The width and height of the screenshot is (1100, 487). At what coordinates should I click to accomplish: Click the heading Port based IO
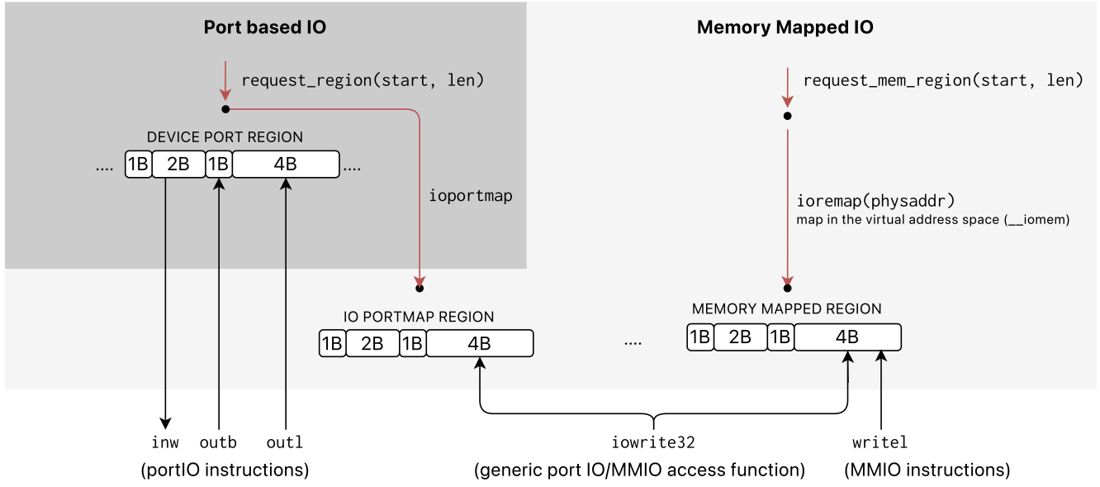tap(264, 27)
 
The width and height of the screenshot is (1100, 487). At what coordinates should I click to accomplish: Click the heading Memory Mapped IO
tap(785, 27)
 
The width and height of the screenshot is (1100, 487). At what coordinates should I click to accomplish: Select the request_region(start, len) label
tap(363, 81)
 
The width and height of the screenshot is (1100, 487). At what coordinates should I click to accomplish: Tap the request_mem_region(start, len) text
tap(942, 81)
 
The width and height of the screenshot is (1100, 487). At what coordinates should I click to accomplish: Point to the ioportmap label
tap(471, 196)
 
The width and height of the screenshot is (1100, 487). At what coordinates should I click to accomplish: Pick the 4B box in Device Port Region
tap(285, 164)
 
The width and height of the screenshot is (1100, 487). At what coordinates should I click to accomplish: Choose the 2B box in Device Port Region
tap(178, 164)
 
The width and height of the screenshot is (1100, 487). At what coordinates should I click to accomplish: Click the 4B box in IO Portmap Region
tap(479, 343)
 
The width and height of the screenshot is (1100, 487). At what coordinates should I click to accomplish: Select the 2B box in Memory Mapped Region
tap(740, 337)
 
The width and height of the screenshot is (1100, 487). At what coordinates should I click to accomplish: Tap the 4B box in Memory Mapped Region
tap(846, 337)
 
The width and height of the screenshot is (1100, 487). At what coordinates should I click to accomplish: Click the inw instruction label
tap(165, 443)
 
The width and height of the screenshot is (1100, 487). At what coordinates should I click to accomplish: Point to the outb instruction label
tap(219, 443)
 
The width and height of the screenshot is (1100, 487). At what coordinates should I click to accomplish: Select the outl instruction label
tap(285, 443)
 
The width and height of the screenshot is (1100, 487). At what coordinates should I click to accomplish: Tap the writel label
tap(880, 443)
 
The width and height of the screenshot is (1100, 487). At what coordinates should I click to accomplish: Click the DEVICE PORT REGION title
tap(225, 137)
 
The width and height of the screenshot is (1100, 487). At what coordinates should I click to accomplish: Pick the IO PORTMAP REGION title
tap(419, 317)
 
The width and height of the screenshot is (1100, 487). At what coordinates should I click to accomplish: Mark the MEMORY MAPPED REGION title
tap(786, 309)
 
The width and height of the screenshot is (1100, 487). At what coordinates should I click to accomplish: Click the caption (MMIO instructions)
tap(927, 470)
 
